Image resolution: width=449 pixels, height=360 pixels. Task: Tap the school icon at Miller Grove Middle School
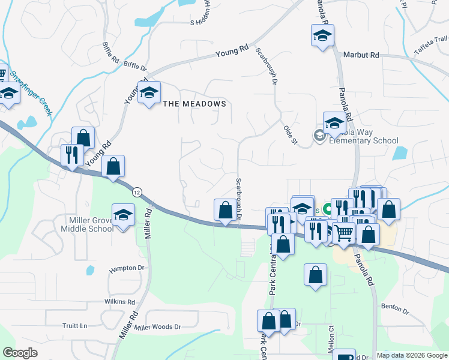tap(123, 215)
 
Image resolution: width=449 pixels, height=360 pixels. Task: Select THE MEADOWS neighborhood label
tap(195, 104)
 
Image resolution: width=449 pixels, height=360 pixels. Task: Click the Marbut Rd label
tap(361, 55)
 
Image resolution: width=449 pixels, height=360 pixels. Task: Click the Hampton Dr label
tap(127, 268)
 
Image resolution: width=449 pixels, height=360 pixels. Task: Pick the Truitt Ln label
tap(74, 326)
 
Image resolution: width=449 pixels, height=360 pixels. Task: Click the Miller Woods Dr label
tap(158, 327)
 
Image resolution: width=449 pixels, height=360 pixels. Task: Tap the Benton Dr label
tap(395, 309)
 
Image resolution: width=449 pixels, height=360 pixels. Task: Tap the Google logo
tap(20, 353)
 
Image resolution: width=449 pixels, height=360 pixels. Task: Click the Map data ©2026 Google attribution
tap(411, 355)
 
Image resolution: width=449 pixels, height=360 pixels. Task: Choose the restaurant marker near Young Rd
tap(72, 155)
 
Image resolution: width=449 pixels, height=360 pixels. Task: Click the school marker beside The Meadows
tap(149, 93)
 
